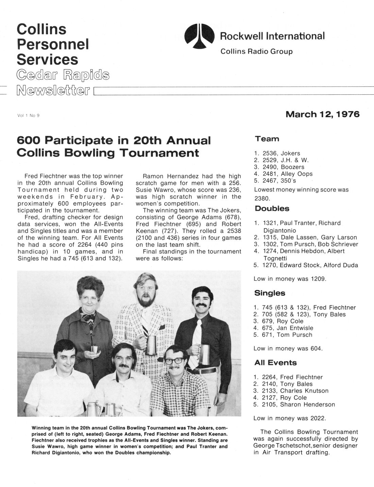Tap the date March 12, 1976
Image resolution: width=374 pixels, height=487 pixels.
[x=322, y=114]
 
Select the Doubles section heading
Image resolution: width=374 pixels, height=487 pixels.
[x=272, y=209]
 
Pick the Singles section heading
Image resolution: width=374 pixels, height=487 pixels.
[x=270, y=293]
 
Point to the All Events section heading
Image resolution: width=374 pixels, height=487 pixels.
[x=275, y=362]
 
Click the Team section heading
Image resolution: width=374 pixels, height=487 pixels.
[x=267, y=139]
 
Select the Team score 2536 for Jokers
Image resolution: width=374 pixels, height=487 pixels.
[x=269, y=154]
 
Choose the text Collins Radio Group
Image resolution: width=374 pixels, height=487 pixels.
[x=256, y=52]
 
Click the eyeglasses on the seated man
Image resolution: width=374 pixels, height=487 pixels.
[x=175, y=361]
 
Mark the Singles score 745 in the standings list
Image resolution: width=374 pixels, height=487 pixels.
[x=268, y=308]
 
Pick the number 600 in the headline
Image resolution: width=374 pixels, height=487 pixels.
[x=29, y=140]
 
